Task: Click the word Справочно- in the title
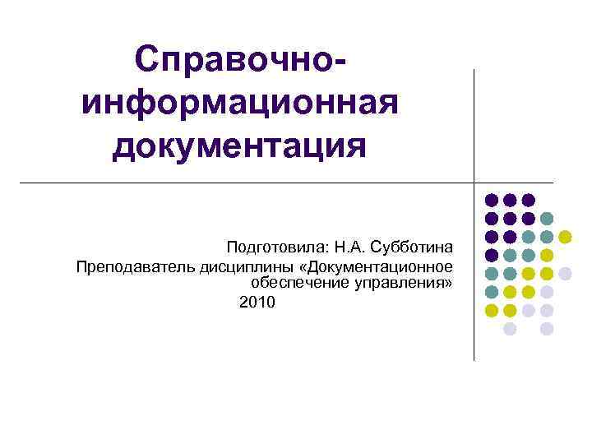(238, 61)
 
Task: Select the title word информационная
(239, 104)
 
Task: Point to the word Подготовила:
(276, 247)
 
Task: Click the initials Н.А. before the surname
(349, 247)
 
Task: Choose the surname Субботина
(412, 247)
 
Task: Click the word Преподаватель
(134, 266)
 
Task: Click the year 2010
(258, 303)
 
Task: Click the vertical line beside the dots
(474, 247)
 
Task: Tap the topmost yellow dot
(566, 237)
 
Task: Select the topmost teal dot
(547, 219)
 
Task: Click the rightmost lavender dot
(566, 274)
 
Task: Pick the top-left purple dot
(491, 200)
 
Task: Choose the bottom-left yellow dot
(491, 310)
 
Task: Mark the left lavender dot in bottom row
(510, 329)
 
